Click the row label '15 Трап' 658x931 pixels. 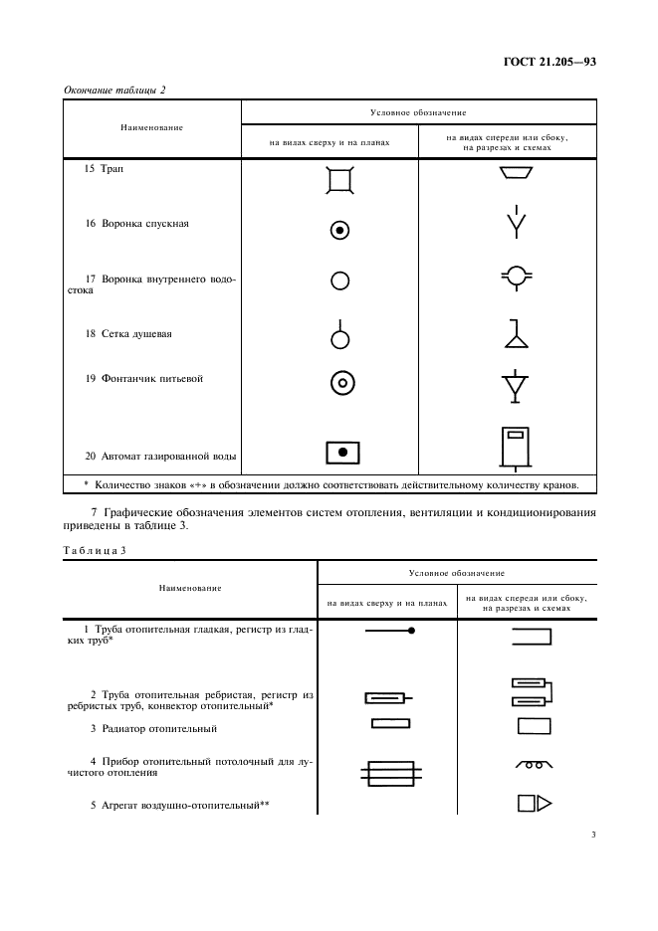click(105, 169)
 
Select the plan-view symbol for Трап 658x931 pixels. click(340, 179)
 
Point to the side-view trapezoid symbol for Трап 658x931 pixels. click(514, 175)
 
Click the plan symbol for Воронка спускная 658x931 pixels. click(340, 231)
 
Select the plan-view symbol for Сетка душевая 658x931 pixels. click(340, 336)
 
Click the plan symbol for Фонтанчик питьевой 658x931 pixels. click(340, 382)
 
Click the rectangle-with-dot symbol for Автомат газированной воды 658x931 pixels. click(341, 453)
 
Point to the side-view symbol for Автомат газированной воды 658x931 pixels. click(514, 448)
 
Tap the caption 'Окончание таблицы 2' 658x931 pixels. click(115, 91)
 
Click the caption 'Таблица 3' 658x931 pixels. click(92, 549)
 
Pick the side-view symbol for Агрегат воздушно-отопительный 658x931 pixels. click(534, 803)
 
